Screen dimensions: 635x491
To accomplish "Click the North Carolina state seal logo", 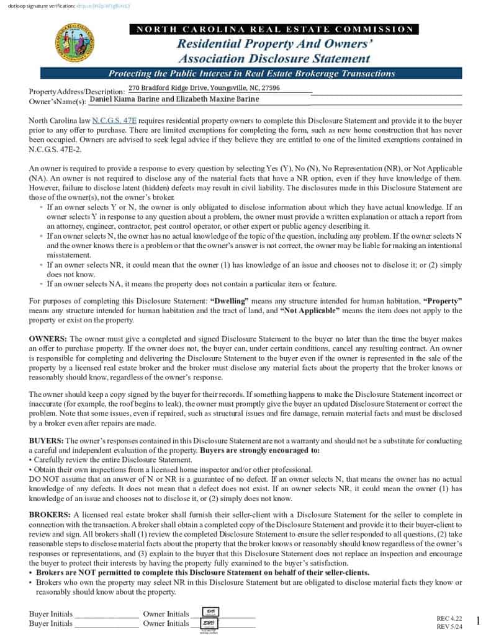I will pos(74,42).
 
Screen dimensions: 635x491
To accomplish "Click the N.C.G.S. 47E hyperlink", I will pos(115,120).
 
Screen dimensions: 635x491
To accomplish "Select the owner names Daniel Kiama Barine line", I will pos(173,99).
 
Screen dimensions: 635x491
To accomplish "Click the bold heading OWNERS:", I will pos(48,339).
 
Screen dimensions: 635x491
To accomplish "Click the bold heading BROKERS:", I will pos(50,515).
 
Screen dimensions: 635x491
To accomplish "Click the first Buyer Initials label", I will pos(50,614).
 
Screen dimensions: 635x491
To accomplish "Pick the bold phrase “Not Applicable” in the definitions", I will pos(310,310).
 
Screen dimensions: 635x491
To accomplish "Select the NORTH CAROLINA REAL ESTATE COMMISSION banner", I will pos(274,29).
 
